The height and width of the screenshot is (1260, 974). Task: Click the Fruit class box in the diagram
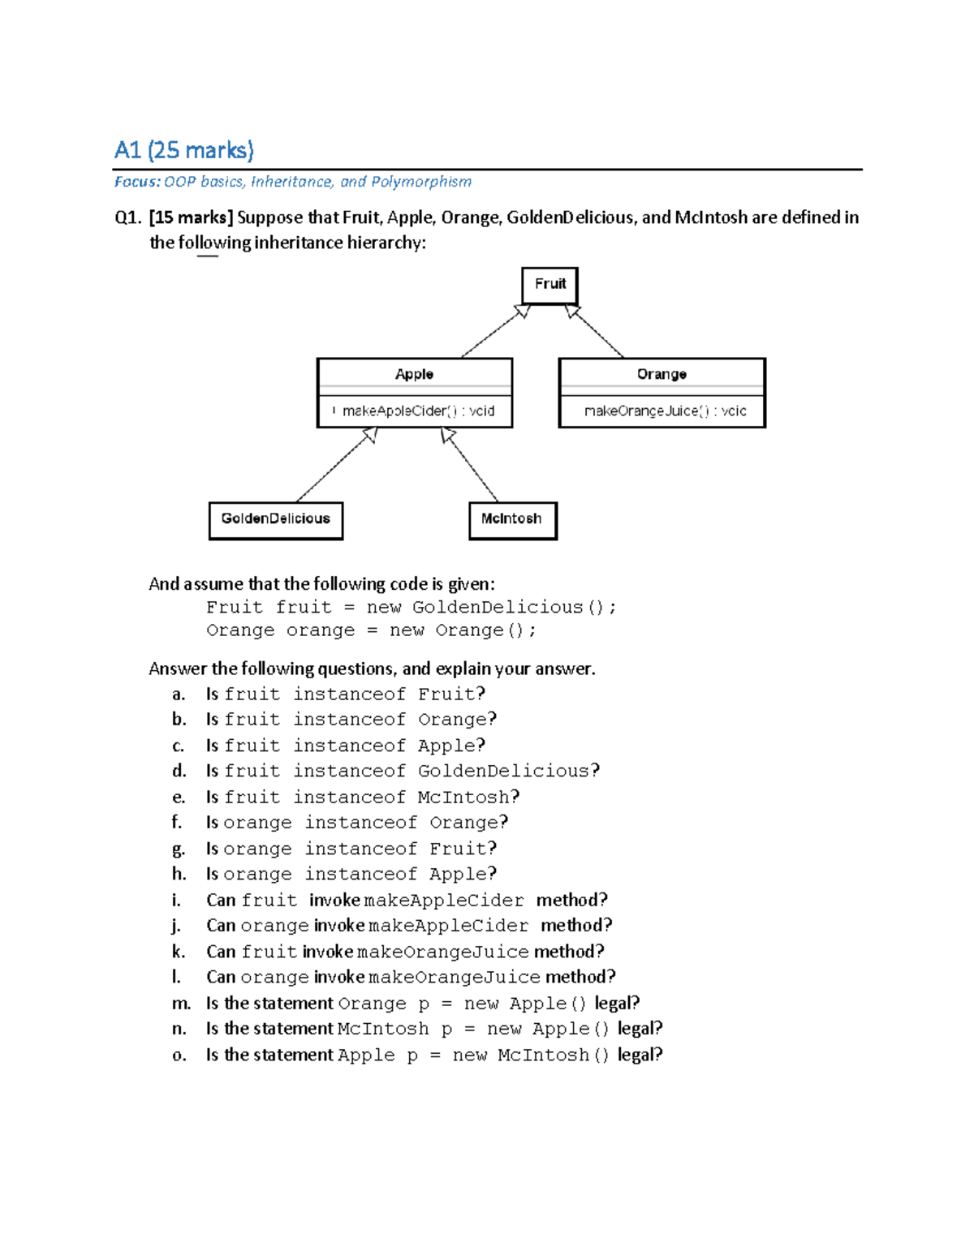549,285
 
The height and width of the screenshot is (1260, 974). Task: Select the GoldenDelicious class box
276,519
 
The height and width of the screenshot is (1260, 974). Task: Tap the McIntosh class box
512,519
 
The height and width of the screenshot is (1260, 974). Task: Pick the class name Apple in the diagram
414,374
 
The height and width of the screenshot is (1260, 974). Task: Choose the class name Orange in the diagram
662,374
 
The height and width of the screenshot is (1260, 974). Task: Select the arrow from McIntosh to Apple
471,466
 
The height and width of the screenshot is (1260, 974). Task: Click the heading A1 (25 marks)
184,150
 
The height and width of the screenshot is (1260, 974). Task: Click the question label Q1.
128,217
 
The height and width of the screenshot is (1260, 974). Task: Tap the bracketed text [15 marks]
191,217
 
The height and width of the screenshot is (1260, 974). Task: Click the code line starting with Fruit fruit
411,608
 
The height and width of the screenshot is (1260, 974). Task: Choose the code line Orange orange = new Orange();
371,630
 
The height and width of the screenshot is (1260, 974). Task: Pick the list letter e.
179,798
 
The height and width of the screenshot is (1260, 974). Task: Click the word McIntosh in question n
382,1029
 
